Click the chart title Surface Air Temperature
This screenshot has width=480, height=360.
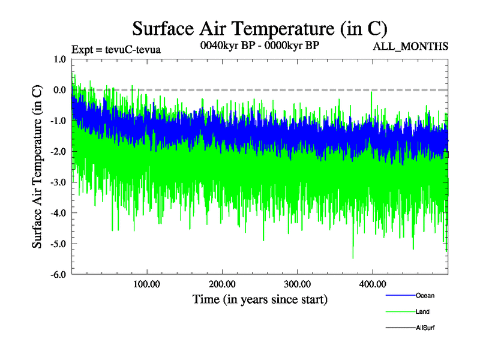pyautogui.click(x=259, y=28)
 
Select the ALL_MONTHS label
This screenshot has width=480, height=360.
pyautogui.click(x=410, y=47)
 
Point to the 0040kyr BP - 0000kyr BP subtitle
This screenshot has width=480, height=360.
pyautogui.click(x=259, y=44)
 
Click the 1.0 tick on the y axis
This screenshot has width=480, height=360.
pyautogui.click(x=60, y=59)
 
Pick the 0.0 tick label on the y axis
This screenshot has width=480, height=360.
pyautogui.click(x=60, y=90)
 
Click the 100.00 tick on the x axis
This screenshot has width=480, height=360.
pyautogui.click(x=147, y=284)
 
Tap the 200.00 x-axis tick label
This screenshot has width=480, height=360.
pyautogui.click(x=222, y=284)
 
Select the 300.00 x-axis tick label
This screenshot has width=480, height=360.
pyautogui.click(x=297, y=284)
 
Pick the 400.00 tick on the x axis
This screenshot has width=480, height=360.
pyautogui.click(x=372, y=284)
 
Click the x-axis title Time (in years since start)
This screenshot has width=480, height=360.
pyautogui.click(x=260, y=298)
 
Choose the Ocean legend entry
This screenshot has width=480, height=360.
pyautogui.click(x=425, y=296)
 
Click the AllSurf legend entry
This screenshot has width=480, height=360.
pyautogui.click(x=425, y=328)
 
